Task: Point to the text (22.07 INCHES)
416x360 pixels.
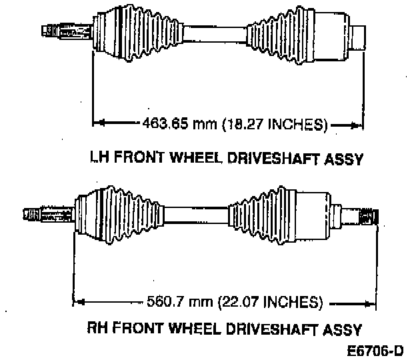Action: [273, 301]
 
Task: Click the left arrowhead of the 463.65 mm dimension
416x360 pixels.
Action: [97, 123]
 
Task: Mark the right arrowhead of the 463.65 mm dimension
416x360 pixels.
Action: [360, 123]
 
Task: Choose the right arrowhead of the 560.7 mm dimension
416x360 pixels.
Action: [373, 301]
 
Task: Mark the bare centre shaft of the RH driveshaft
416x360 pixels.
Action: [196, 214]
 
